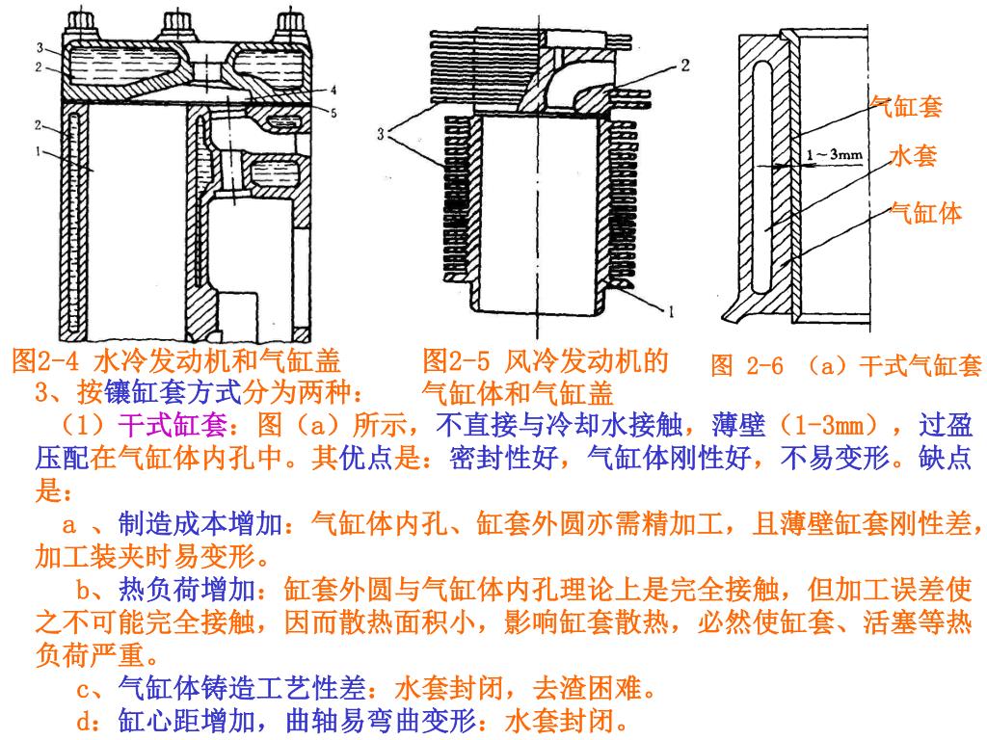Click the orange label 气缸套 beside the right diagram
(x=905, y=106)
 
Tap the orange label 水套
(x=913, y=155)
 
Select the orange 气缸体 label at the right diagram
(x=926, y=213)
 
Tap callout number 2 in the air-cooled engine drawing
(x=685, y=66)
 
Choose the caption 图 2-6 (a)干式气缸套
(x=845, y=365)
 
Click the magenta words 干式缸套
(x=173, y=426)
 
